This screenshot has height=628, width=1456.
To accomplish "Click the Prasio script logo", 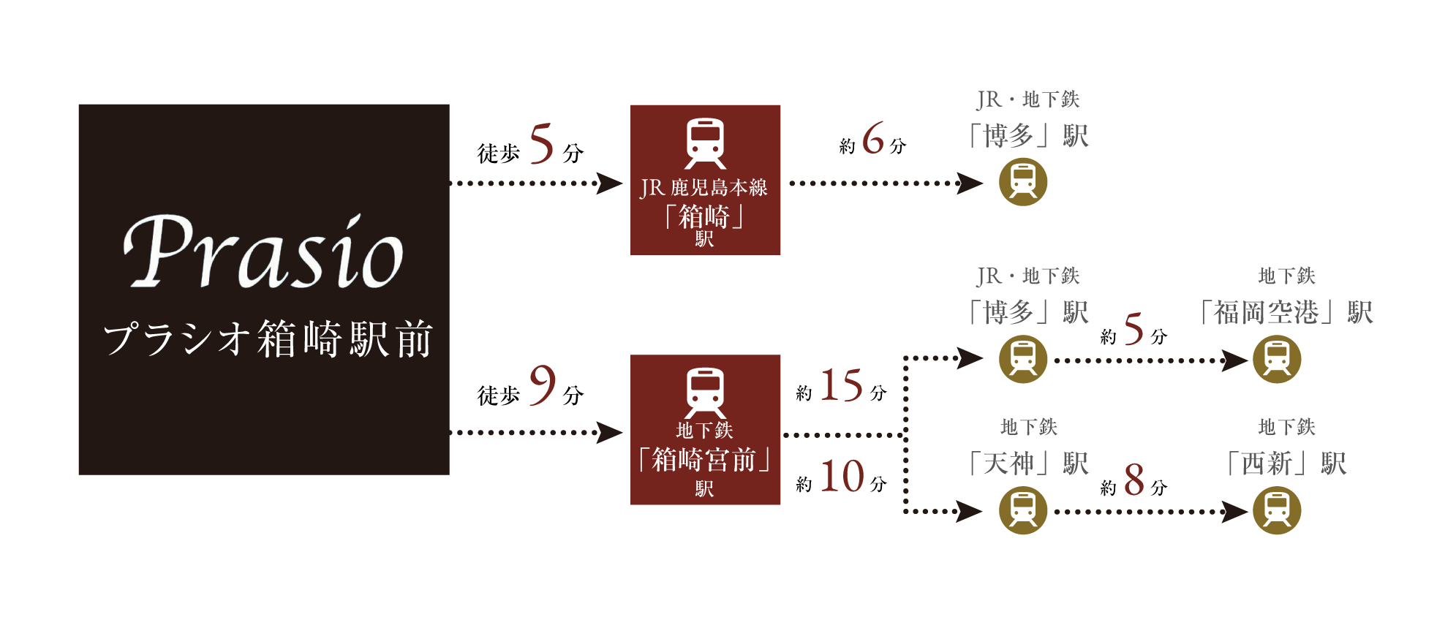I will [x=263, y=252].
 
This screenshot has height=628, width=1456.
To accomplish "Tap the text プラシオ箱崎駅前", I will [x=268, y=339].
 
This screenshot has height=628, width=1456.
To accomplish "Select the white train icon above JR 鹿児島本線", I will [x=705, y=143].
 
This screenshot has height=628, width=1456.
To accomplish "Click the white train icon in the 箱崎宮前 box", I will [x=705, y=393].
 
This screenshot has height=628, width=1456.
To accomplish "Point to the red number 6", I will [x=873, y=138].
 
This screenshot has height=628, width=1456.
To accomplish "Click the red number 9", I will [x=542, y=385].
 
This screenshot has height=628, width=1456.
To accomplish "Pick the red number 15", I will [x=841, y=385].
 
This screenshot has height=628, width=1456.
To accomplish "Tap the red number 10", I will [x=842, y=477].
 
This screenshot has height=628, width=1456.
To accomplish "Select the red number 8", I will [x=1134, y=480].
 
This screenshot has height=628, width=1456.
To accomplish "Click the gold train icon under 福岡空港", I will [x=1277, y=359].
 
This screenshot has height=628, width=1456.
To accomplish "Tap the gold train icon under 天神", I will [x=1023, y=510].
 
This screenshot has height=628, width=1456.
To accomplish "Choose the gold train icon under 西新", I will [x=1277, y=510].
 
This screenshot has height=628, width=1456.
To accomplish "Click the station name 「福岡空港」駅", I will [x=1286, y=313].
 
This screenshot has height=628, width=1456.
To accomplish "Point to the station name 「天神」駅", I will [x=1028, y=464].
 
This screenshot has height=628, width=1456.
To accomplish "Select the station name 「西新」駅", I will [x=1286, y=464].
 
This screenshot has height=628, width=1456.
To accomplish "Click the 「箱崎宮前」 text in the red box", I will [x=705, y=460].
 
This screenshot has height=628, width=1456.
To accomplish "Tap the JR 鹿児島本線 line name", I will [x=704, y=188].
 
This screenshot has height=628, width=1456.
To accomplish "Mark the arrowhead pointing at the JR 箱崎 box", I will [x=609, y=183].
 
